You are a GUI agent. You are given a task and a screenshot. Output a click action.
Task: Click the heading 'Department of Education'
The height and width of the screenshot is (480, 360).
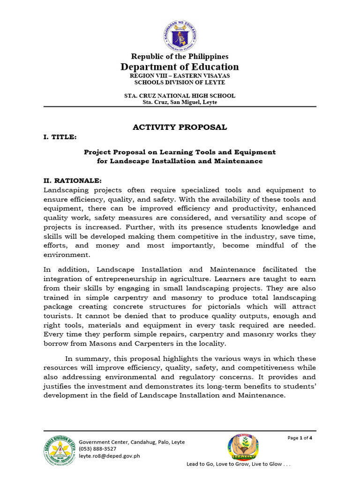pyautogui.click(x=180, y=67)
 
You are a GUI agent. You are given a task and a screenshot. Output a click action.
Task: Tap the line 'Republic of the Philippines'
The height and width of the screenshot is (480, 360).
pyautogui.click(x=180, y=56)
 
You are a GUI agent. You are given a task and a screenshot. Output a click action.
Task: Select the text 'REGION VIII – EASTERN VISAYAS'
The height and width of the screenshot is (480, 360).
pyautogui.click(x=180, y=75)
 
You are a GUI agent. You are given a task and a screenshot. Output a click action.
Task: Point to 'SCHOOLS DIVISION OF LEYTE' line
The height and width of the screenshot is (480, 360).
pyautogui.click(x=180, y=82)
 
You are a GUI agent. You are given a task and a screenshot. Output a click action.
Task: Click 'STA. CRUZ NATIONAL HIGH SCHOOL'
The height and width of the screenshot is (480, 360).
pyautogui.click(x=180, y=96)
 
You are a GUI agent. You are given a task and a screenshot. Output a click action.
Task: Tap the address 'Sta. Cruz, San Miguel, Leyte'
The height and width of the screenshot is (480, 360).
pyautogui.click(x=180, y=102)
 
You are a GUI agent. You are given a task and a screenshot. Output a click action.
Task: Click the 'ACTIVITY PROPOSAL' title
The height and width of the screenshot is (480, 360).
pyautogui.click(x=180, y=127)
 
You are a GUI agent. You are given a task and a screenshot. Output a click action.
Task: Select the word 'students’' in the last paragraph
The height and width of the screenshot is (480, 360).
pyautogui.click(x=300, y=386)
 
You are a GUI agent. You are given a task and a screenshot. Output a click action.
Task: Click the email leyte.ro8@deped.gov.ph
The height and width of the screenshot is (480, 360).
pyautogui.click(x=109, y=455)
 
